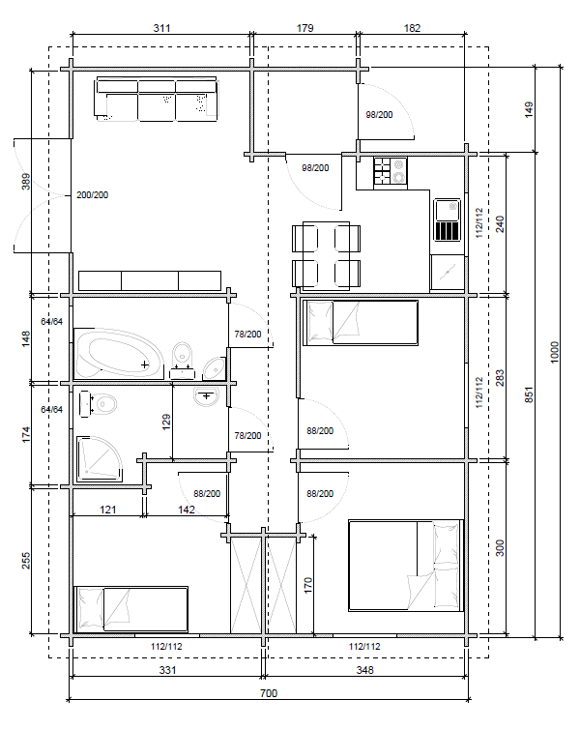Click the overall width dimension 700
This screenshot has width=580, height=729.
269,693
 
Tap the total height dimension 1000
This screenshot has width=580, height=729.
555,352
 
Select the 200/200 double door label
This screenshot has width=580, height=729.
93,194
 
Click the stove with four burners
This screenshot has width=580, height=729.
391,170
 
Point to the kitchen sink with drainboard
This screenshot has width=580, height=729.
447,219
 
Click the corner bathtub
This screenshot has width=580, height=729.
120,354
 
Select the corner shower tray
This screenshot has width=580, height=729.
100,458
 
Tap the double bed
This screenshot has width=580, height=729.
406,566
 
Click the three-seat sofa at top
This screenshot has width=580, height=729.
157,100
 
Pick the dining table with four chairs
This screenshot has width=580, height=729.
327,256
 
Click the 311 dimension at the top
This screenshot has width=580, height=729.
161,28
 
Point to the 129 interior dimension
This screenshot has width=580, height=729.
166,422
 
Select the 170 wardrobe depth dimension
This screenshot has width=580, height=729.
307,585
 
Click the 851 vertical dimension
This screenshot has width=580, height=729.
529,394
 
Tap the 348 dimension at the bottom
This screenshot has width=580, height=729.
364,670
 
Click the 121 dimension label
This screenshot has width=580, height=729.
108,510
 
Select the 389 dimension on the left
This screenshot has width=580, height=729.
26,182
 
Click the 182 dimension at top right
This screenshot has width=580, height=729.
412,28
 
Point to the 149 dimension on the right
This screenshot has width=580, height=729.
529,109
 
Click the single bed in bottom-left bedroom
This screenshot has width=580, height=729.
131,609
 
